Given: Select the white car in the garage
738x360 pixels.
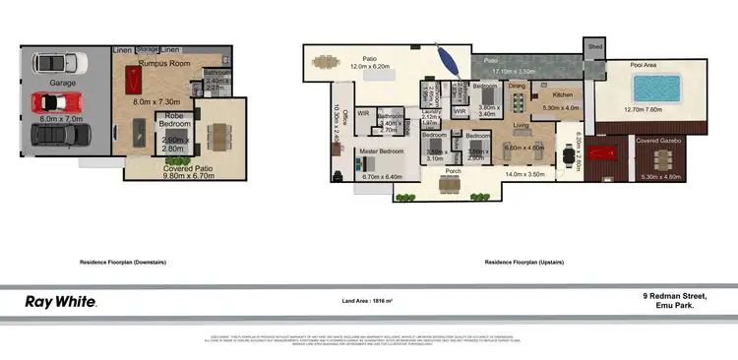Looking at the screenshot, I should tap(55, 64).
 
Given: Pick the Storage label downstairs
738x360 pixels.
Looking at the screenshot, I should tap(148, 49).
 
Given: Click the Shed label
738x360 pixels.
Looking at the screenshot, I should tap(595, 46).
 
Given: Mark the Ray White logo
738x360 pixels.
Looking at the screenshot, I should tap(61, 301).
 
